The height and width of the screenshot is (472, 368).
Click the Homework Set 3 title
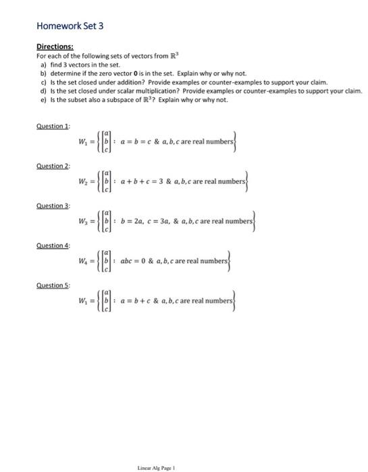coord(70,26)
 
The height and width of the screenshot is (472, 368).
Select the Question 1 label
coord(51,127)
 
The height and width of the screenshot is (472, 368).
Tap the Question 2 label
coord(51,165)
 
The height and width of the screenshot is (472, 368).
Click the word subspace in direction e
coord(118,99)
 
